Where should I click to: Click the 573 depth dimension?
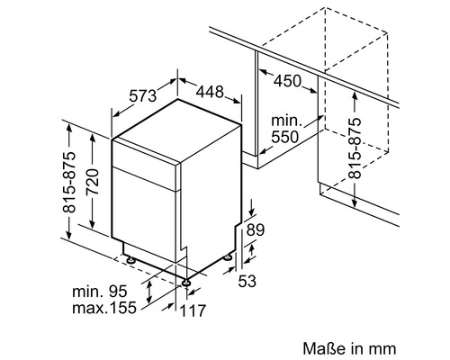coord(143,96)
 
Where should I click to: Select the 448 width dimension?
coord(210,92)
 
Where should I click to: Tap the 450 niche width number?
coord(287,81)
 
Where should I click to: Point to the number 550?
coord(285,137)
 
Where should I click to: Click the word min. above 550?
coord(286,121)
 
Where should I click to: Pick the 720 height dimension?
coord(92,182)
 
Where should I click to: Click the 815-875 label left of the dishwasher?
coord(69,183)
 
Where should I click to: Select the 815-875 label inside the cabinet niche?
coord(355,148)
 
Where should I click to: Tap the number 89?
coord(256,230)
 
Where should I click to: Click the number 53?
coord(247,281)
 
